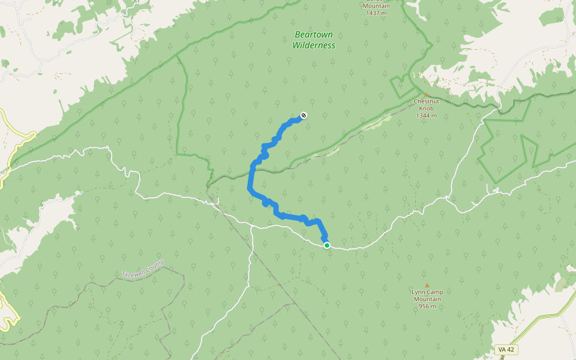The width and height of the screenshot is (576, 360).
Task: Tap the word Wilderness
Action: click(x=314, y=45)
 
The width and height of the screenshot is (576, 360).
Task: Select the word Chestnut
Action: click(x=427, y=102)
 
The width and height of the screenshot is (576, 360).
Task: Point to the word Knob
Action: click(x=427, y=109)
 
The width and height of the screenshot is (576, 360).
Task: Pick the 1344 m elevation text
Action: click(x=427, y=116)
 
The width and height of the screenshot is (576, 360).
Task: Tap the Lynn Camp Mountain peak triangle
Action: click(x=427, y=286)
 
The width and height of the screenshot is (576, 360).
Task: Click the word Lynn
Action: click(x=418, y=292)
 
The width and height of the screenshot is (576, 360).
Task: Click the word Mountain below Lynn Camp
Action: click(x=427, y=299)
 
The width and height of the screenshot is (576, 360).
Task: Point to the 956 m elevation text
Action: click(x=427, y=307)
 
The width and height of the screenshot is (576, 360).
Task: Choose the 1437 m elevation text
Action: click(x=377, y=13)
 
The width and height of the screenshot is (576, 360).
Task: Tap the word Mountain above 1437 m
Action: click(x=377, y=5)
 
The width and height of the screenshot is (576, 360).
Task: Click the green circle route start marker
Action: click(x=326, y=245)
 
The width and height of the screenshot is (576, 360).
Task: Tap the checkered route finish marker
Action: click(x=304, y=115)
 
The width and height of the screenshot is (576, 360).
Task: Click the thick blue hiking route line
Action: click(x=250, y=180)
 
